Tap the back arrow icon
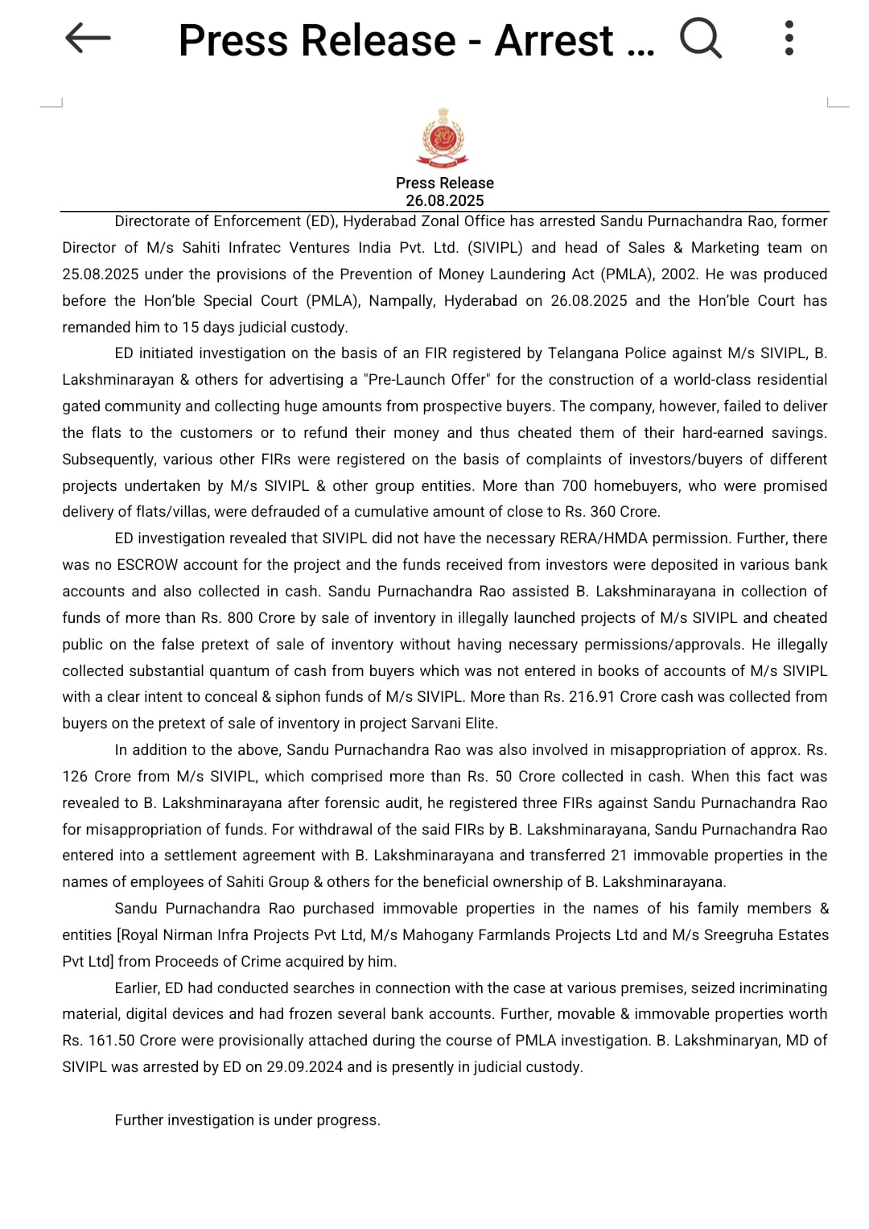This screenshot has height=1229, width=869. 87,38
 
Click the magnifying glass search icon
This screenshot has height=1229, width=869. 700,38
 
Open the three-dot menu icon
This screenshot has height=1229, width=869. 789,38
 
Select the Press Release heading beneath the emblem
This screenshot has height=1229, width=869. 444,183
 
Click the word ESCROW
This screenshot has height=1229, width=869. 147,564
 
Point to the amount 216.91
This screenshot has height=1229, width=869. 594,696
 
